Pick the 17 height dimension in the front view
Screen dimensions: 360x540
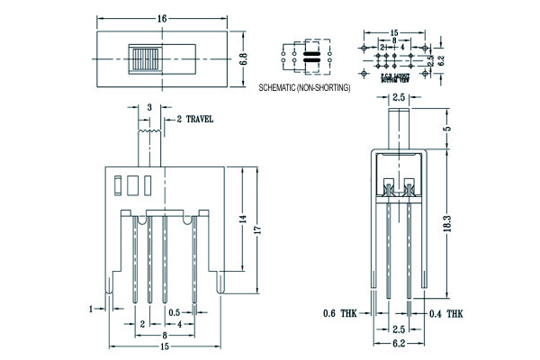257,230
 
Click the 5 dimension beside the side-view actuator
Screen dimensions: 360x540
447,129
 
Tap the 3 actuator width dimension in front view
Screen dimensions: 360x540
149,107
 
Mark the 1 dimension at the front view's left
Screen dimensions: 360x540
91,309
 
